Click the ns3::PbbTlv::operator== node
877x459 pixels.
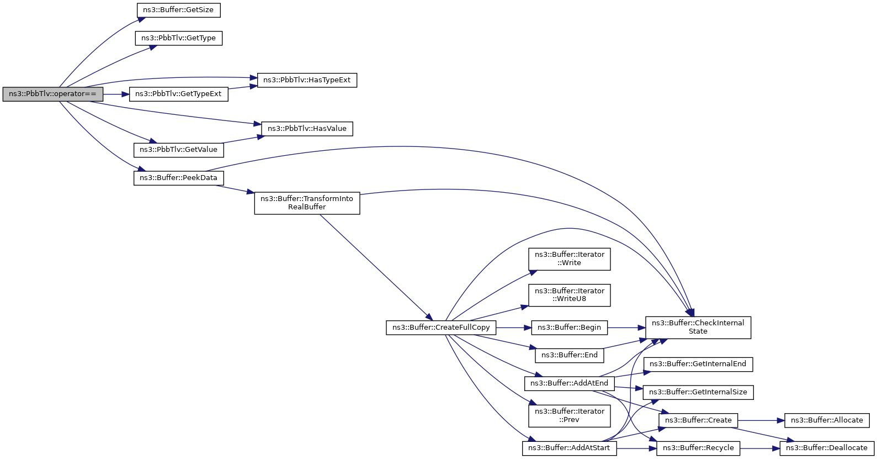coord(52,94)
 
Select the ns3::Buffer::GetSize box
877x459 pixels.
coord(178,10)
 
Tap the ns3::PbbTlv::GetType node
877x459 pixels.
coord(178,38)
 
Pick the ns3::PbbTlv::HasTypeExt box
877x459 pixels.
coord(307,80)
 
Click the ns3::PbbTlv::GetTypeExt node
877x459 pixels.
coord(178,94)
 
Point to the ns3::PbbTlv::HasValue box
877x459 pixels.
coord(307,129)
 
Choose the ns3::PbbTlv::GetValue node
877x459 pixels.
coord(178,150)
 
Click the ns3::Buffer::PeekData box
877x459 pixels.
coord(178,178)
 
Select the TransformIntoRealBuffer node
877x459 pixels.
coord(307,203)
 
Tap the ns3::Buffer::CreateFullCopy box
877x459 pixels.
coord(441,328)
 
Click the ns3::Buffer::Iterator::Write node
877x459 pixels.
coord(570,258)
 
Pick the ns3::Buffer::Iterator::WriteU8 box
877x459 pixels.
coord(570,294)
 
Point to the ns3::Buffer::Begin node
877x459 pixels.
coord(570,328)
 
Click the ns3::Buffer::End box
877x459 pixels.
coord(570,355)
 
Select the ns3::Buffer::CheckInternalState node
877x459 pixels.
coord(698,327)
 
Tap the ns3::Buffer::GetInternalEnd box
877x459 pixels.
coord(698,364)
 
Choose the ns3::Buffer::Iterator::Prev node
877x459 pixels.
coord(570,415)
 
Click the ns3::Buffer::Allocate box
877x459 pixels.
coord(827,420)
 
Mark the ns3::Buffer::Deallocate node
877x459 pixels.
coord(827,448)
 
